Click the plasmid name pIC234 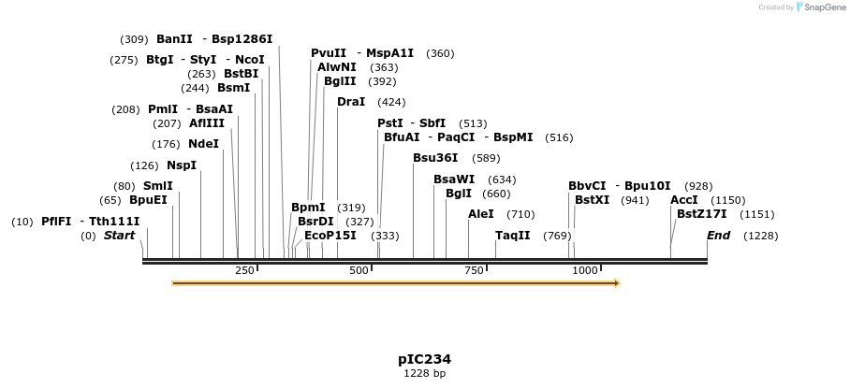point(424,358)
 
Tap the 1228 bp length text point(424,373)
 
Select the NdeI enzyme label point(203,144)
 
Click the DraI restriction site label point(351,102)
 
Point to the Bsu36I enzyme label point(436,158)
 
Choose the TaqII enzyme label point(513,236)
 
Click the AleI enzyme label point(481,214)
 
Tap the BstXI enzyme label point(592,200)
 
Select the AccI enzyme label point(683,200)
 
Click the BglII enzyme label point(340,81)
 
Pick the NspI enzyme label point(182,165)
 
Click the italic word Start point(119,236)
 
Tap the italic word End point(718,236)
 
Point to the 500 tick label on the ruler point(359,270)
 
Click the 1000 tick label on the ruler point(585,270)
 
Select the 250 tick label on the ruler point(244,270)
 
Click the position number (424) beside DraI point(391,102)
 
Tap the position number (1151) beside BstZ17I point(756,214)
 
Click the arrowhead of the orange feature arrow point(616,282)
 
